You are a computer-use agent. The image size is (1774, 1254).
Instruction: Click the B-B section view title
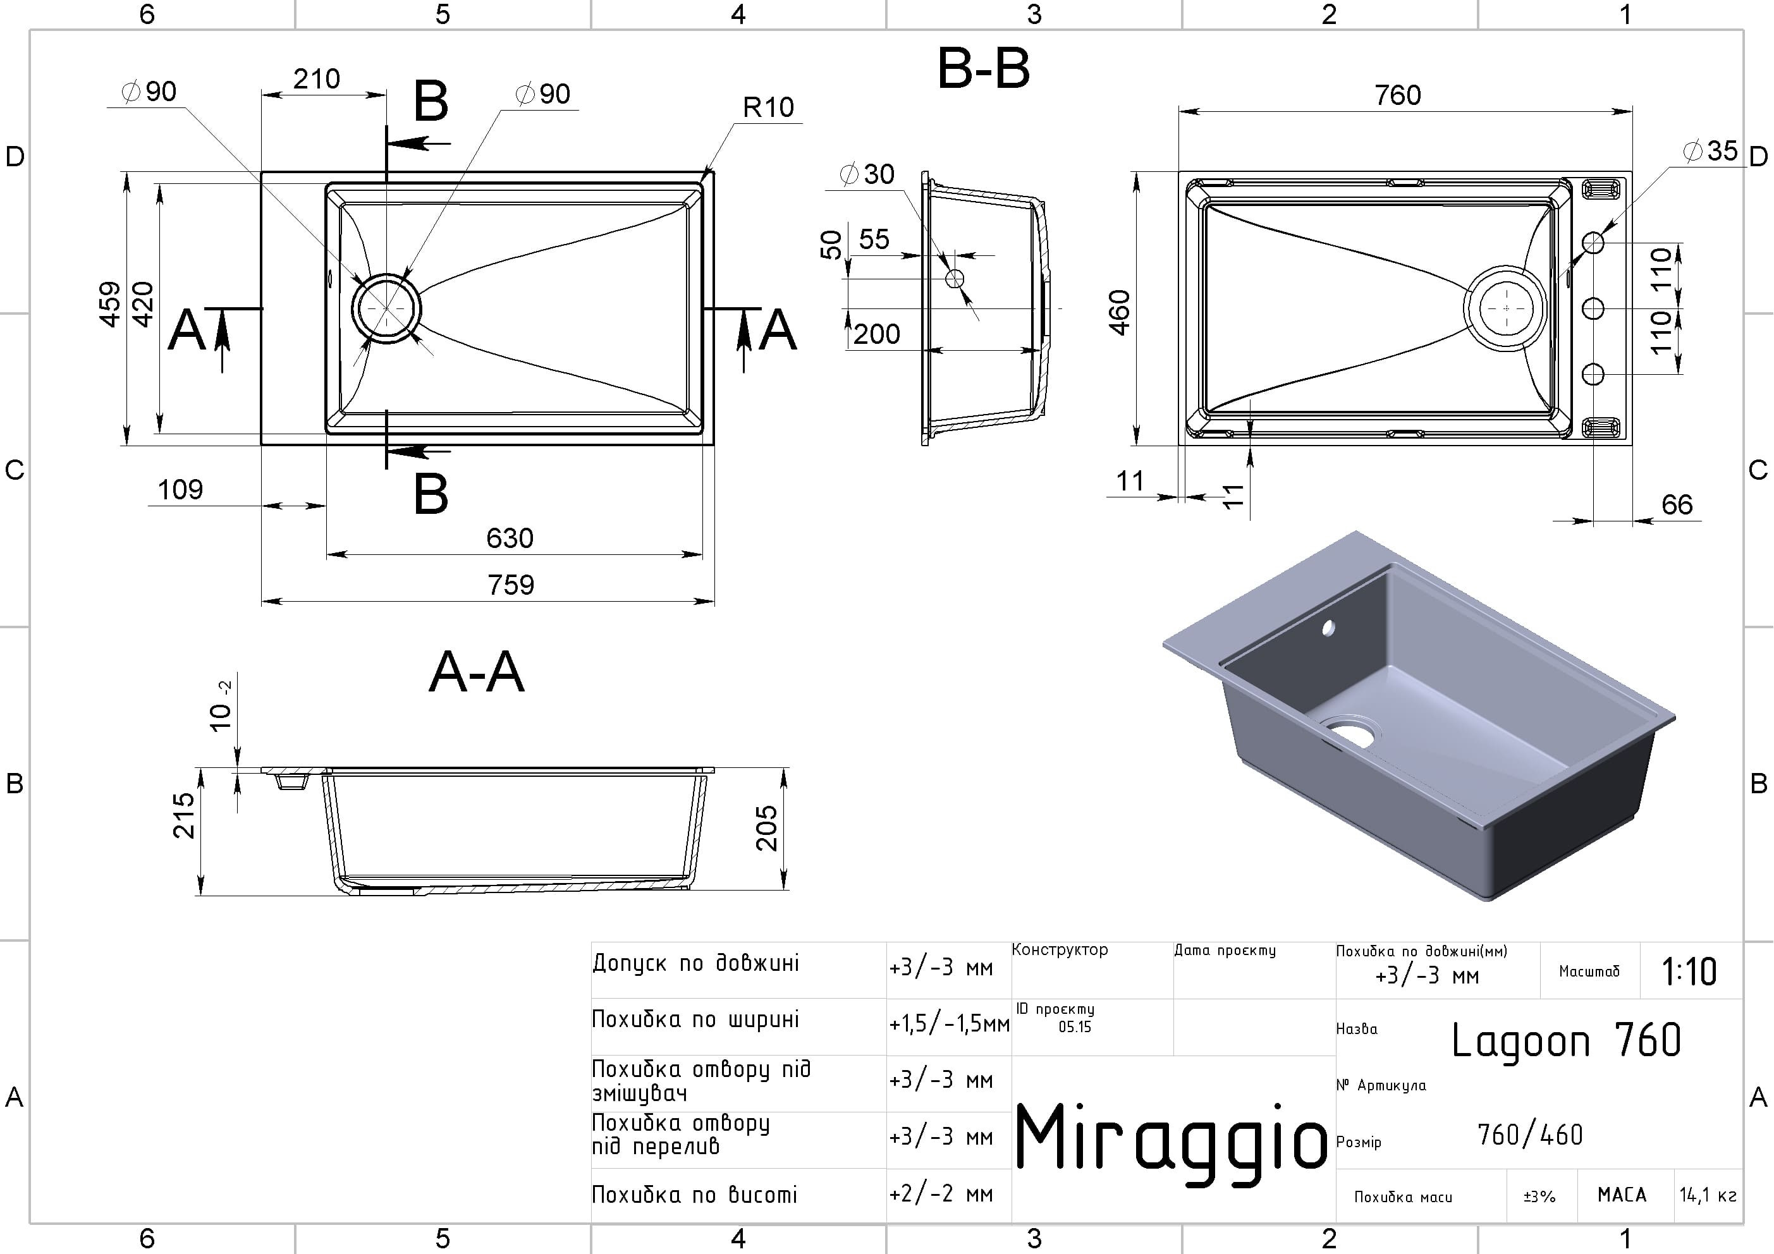(983, 70)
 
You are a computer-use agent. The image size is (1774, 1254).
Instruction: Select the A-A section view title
(477, 673)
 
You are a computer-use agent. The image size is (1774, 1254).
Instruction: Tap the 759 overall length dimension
(511, 585)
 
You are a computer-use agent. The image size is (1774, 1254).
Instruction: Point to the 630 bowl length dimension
(510, 538)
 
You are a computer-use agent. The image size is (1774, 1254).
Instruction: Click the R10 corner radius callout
(768, 107)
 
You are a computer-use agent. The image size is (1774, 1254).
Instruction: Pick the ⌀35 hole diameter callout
(1710, 150)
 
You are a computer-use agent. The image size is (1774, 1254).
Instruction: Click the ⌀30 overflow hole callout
(867, 174)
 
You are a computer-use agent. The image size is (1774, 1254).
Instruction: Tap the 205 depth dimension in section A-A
(766, 828)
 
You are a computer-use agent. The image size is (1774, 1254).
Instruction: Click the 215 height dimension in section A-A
(184, 815)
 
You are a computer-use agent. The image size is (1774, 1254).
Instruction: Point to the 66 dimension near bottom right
(1677, 505)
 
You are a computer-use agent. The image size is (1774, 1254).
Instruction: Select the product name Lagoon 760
(1565, 1041)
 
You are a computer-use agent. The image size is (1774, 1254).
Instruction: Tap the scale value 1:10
(1689, 972)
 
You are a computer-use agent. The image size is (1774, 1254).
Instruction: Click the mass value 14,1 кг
(1708, 1196)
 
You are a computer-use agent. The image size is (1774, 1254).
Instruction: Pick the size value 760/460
(1530, 1135)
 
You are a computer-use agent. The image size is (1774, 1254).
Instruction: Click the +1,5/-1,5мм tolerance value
(949, 1025)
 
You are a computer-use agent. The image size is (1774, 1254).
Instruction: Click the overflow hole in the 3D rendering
(1328, 628)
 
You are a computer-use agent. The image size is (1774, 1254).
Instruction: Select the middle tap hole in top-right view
(1593, 308)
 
